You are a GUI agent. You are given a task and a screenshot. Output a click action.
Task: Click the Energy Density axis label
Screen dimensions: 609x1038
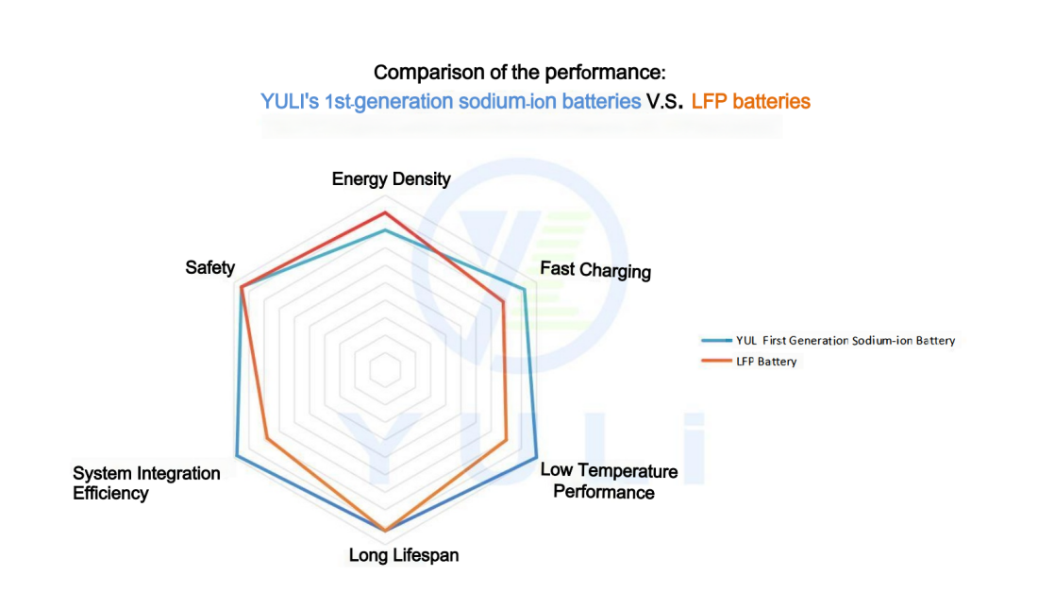[x=392, y=179]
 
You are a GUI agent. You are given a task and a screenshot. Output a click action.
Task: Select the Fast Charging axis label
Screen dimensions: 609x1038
[x=595, y=270]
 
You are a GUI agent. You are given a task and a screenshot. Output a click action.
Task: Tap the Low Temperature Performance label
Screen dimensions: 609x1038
[x=608, y=481]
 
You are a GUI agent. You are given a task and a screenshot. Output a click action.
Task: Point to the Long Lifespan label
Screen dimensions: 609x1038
[x=404, y=555]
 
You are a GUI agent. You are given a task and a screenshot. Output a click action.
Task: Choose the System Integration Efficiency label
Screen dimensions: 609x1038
[x=146, y=482]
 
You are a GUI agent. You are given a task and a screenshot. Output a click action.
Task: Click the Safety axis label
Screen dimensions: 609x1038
[x=209, y=268]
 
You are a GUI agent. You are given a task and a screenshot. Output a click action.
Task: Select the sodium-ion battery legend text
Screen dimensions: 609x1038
[x=845, y=341]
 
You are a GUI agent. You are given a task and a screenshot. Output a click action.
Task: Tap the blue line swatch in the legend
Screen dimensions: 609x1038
[x=715, y=341]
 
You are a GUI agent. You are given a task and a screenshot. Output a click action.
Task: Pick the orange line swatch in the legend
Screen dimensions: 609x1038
[x=715, y=362]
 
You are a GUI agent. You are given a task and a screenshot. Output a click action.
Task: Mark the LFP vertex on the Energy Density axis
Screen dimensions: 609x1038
[x=384, y=211]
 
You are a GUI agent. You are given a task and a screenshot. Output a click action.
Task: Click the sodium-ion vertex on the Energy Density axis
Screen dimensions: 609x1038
[x=384, y=230]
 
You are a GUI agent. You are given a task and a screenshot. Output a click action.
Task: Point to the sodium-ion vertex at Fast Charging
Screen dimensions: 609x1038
[x=524, y=290]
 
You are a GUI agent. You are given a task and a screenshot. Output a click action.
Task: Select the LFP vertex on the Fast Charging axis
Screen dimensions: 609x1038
[x=504, y=302]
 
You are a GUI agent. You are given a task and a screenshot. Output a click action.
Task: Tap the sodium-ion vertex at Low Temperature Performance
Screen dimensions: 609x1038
[x=536, y=457]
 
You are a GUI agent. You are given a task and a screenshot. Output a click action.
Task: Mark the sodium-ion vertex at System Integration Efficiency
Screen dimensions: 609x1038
[x=237, y=457]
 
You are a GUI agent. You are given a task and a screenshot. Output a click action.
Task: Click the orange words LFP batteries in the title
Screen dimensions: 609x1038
[x=750, y=102]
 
